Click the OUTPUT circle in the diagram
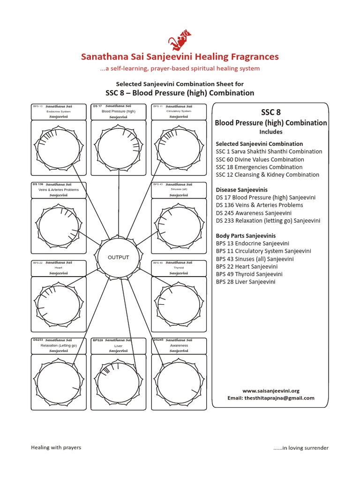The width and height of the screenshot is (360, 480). point(118,258)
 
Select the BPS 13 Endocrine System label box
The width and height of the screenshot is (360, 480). point(59,112)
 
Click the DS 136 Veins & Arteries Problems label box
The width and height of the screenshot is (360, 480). point(59,190)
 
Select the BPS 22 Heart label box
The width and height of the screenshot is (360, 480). point(59,268)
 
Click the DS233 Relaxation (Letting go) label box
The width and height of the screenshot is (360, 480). point(59,345)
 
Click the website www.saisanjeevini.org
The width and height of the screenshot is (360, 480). point(270,390)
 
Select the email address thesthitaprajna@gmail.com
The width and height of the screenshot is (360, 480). point(270,398)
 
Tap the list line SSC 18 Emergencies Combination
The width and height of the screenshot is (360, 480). point(259,167)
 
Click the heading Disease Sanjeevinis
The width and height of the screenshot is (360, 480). point(241,190)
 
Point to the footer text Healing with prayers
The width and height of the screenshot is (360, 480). point(56,447)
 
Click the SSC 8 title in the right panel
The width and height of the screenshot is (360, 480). point(270,112)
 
